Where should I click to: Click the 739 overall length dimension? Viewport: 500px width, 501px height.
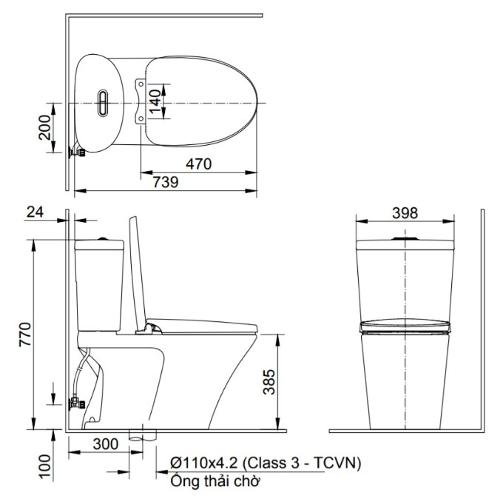tap(166, 183)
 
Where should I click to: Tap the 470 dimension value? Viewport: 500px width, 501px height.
tap(199, 164)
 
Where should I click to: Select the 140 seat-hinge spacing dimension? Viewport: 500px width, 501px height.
tap(155, 101)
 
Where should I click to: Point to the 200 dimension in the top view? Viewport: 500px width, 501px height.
tap(44, 128)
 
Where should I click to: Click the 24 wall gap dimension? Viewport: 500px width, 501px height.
tap(35, 212)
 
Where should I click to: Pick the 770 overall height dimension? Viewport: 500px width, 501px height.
tap(26, 334)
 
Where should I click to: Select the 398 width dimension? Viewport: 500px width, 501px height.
tap(405, 213)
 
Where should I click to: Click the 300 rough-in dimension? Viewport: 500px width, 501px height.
tap(106, 444)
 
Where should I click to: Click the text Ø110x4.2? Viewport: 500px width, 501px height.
tap(204, 463)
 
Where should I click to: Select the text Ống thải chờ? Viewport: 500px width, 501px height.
tap(214, 481)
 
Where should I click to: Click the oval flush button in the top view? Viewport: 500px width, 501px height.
tap(103, 103)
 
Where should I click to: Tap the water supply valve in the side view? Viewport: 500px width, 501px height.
tap(77, 404)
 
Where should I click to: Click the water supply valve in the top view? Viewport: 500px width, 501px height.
tap(77, 152)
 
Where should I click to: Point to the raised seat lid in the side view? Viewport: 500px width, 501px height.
tap(138, 274)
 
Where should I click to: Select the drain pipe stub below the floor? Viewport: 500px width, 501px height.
tap(143, 436)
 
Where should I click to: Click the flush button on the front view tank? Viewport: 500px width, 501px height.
tap(405, 238)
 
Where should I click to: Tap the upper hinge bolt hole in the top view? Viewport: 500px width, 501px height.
tap(141, 84)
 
